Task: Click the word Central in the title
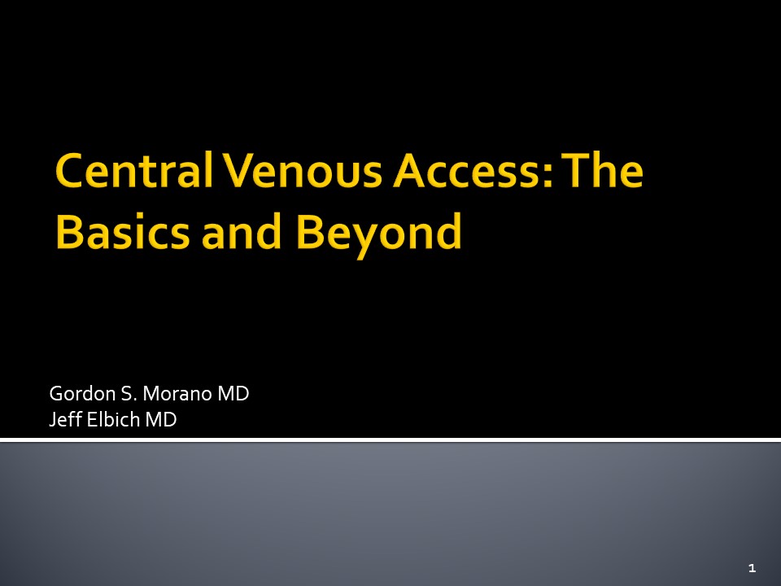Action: pos(134,170)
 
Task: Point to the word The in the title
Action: pos(602,169)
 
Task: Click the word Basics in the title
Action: pos(123,232)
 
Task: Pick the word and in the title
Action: pos(242,231)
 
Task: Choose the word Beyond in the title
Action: pos(378,234)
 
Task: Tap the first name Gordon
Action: pos(83,394)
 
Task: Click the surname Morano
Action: pos(177,394)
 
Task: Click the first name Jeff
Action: pos(66,420)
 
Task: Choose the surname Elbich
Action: pos(113,420)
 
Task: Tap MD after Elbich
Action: pos(161,420)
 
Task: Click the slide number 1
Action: pos(752,567)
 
